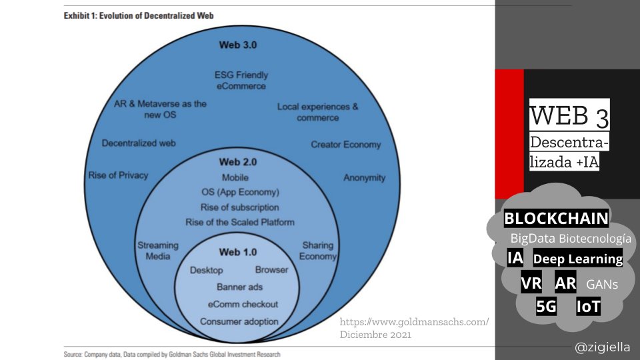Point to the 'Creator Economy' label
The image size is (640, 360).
[345, 145]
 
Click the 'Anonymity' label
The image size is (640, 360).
[364, 177]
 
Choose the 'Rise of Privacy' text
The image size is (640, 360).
[118, 175]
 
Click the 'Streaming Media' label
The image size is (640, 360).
[154, 251]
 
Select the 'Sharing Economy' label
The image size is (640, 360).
[317, 251]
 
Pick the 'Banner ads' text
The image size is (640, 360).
[239, 287]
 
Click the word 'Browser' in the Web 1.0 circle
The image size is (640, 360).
[271, 270]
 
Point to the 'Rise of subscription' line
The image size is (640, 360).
[239, 207]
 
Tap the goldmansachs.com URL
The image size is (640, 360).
[413, 322]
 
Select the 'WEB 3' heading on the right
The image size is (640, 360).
[569, 116]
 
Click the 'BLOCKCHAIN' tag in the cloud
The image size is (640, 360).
[556, 218]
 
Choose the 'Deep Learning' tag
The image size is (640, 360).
[578, 259]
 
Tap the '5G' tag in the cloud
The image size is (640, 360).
[546, 307]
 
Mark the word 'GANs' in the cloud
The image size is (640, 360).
[602, 285]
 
